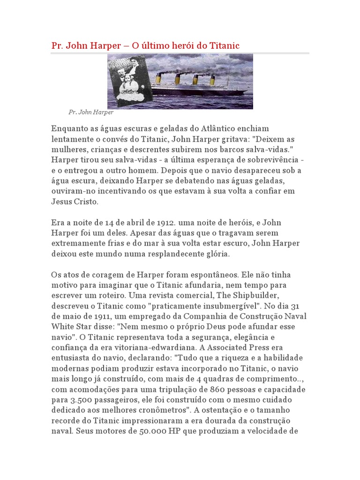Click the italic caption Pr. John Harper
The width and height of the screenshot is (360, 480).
[91, 112]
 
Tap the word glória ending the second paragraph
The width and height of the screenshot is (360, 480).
[215, 254]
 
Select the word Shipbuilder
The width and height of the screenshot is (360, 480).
[232, 295]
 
